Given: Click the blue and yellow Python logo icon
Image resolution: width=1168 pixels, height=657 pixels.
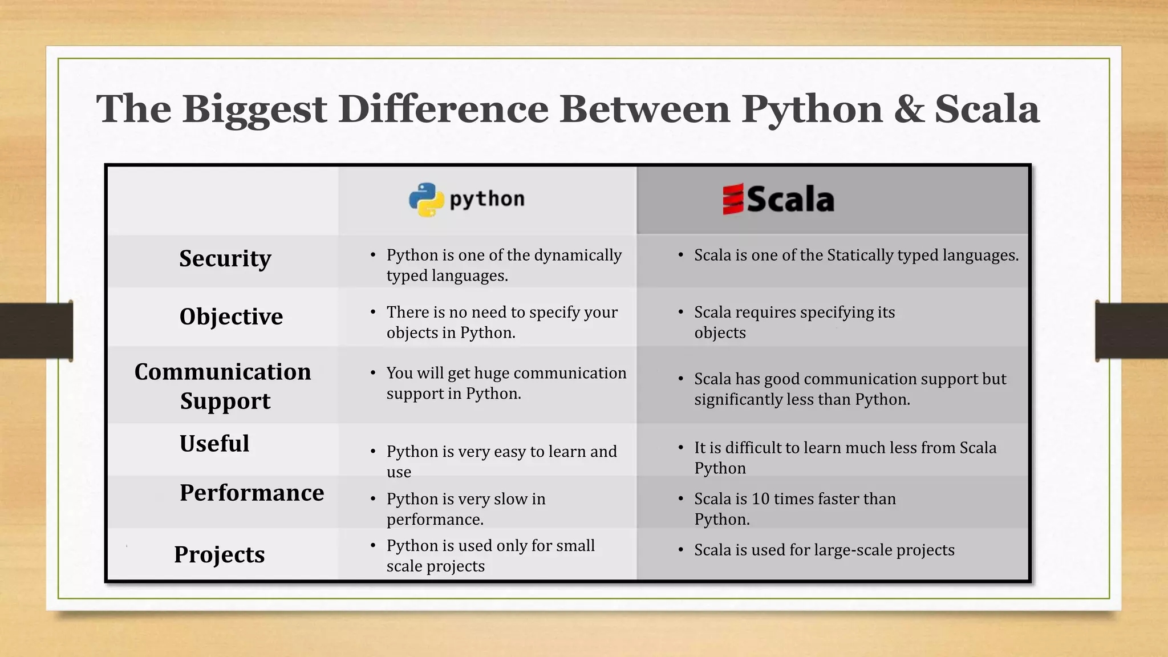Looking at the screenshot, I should click(x=426, y=200).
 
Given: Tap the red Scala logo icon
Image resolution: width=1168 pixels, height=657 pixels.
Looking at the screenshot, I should click(x=733, y=199).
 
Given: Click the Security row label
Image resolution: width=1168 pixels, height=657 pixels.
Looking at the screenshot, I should click(x=225, y=258).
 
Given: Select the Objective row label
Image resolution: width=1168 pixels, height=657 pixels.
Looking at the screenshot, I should click(x=231, y=317).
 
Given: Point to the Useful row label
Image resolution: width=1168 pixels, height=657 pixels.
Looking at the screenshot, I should click(x=214, y=444).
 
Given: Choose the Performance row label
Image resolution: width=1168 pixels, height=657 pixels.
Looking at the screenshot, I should click(x=252, y=493).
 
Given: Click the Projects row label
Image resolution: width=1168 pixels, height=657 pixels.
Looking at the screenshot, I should click(x=220, y=554).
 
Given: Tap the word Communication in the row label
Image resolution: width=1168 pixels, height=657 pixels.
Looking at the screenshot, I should click(x=222, y=372).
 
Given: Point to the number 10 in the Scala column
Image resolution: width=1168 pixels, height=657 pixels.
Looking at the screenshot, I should click(x=760, y=499).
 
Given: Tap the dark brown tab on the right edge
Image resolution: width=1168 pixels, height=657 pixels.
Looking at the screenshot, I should click(x=1131, y=331).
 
